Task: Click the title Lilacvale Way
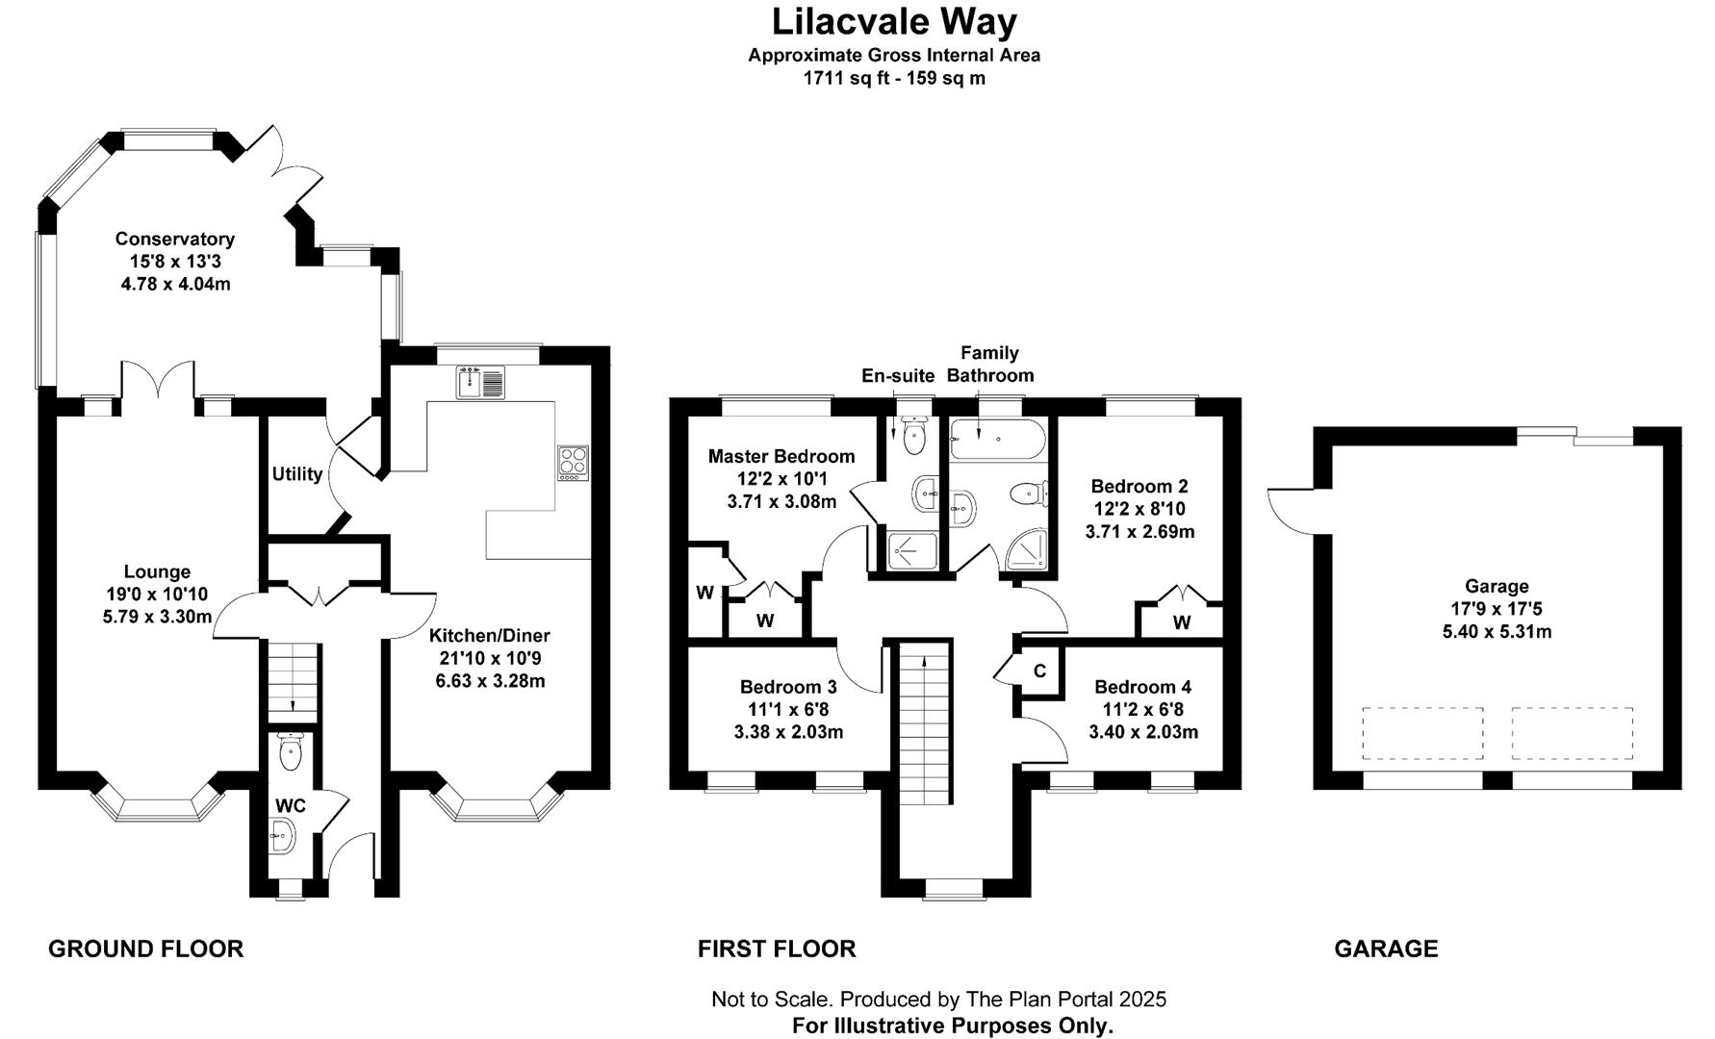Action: click(894, 21)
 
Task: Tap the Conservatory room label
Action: click(175, 239)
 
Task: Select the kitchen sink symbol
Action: click(480, 382)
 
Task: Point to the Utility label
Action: click(296, 473)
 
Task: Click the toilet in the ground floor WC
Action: click(290, 750)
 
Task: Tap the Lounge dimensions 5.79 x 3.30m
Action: click(157, 616)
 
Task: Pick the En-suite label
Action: click(897, 375)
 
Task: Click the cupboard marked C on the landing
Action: click(1039, 671)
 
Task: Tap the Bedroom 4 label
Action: click(1142, 687)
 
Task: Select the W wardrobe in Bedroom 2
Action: click(1181, 621)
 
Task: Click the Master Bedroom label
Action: click(781, 456)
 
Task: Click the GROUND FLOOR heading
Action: click(145, 949)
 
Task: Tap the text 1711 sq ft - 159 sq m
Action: click(894, 78)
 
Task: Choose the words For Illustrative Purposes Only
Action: click(952, 1026)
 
